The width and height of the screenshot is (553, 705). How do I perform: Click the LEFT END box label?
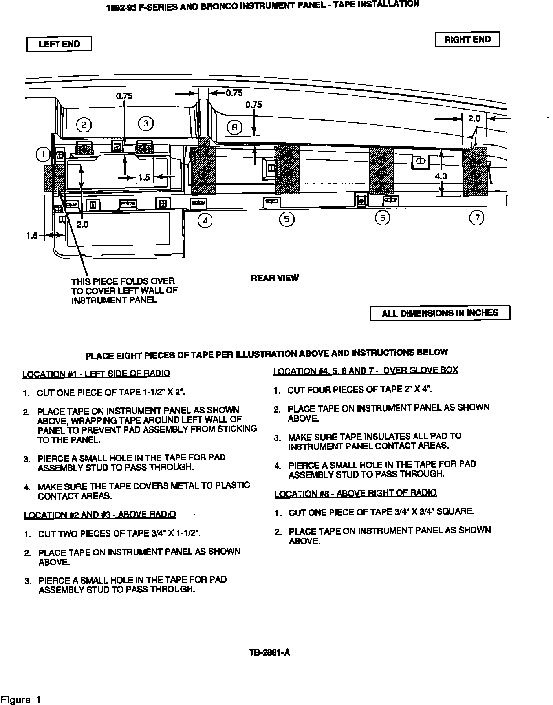(59, 44)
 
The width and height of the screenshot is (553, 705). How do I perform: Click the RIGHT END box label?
(467, 40)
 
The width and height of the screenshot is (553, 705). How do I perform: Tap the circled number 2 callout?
(84, 125)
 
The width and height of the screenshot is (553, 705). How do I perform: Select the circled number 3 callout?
(146, 124)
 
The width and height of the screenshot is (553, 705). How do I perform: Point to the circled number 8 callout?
(234, 127)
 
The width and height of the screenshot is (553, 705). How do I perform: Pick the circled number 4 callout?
(205, 221)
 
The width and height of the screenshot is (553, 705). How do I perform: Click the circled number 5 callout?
(287, 219)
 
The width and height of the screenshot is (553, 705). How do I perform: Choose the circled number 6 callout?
(382, 218)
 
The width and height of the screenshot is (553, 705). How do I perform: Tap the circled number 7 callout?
(477, 217)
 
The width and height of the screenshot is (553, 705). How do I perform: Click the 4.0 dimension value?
(441, 176)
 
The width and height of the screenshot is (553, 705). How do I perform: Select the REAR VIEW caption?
(275, 278)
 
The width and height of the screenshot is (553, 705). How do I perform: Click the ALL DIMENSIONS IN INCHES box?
(440, 313)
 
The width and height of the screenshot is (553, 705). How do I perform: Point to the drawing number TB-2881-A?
(269, 652)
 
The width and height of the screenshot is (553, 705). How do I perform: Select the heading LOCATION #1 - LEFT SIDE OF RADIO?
(96, 373)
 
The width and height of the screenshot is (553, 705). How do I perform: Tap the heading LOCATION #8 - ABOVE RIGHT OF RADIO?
(355, 493)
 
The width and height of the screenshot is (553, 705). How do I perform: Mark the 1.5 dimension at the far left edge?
(32, 236)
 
